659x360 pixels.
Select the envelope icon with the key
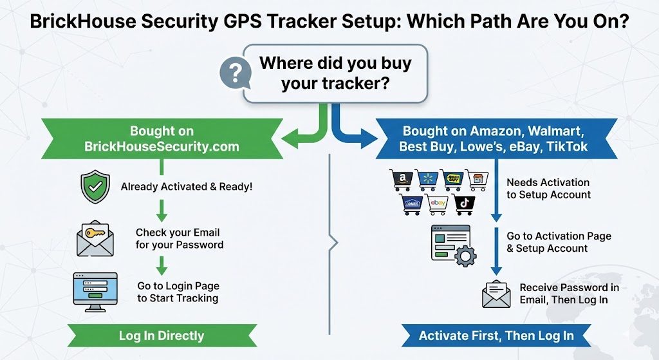(95, 239)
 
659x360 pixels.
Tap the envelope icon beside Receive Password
(496, 294)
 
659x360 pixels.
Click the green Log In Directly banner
(161, 336)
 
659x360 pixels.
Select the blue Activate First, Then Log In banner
(496, 336)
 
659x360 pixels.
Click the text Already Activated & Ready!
(187, 187)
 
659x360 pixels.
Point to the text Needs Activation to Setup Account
(548, 189)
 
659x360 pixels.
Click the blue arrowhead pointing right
(370, 137)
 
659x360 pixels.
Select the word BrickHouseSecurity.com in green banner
(162, 146)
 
